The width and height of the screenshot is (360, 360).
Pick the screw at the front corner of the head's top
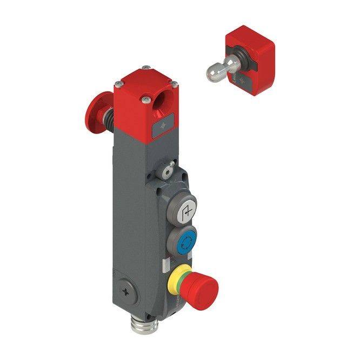[x=146, y=100]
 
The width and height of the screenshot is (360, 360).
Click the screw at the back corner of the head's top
[x=146, y=68]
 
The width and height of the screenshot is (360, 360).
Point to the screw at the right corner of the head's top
[x=174, y=84]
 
